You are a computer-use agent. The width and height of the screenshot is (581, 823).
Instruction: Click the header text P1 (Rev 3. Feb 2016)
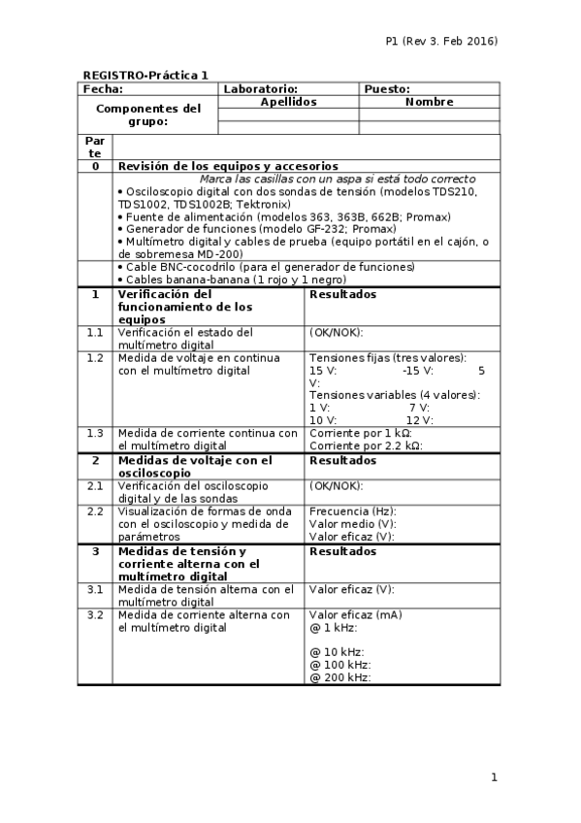coord(441,41)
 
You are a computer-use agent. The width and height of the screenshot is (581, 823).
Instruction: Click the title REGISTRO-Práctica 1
coord(145,75)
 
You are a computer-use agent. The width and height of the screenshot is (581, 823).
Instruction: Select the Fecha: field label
coord(103,88)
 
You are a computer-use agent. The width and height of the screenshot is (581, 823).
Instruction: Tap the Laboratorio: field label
coord(260,88)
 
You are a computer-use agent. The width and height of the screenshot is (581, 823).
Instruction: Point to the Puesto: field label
coord(387,88)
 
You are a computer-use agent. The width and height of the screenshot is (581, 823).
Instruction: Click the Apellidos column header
coord(289,101)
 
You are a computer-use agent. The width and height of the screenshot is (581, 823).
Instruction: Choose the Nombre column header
coord(430,101)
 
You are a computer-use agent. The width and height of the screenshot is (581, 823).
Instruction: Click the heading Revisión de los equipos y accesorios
coord(228,166)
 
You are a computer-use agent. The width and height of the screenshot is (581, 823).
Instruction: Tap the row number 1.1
coord(95,332)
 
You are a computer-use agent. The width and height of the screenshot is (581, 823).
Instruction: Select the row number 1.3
coord(95,433)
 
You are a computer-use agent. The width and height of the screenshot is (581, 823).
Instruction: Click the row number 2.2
coord(95,510)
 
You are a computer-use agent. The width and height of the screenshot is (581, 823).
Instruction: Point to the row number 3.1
coord(95,588)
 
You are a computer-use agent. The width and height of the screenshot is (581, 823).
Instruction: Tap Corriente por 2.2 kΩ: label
coord(366,445)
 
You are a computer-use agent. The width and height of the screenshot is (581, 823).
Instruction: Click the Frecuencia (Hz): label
coord(352,510)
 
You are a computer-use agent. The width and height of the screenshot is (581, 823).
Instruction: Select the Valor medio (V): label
coord(352,523)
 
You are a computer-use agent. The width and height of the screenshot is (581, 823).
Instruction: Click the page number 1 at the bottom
coord(494,776)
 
